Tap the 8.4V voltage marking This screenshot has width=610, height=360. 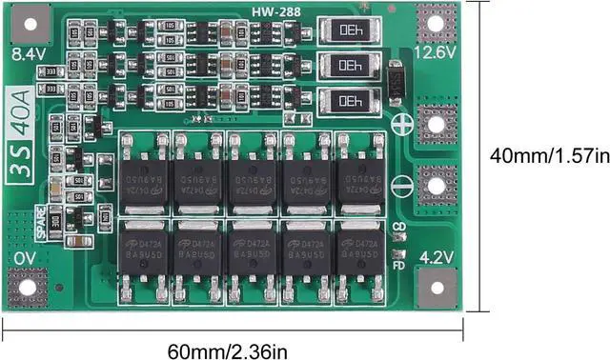(x=28, y=55)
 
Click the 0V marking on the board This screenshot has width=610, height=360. (x=25, y=258)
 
